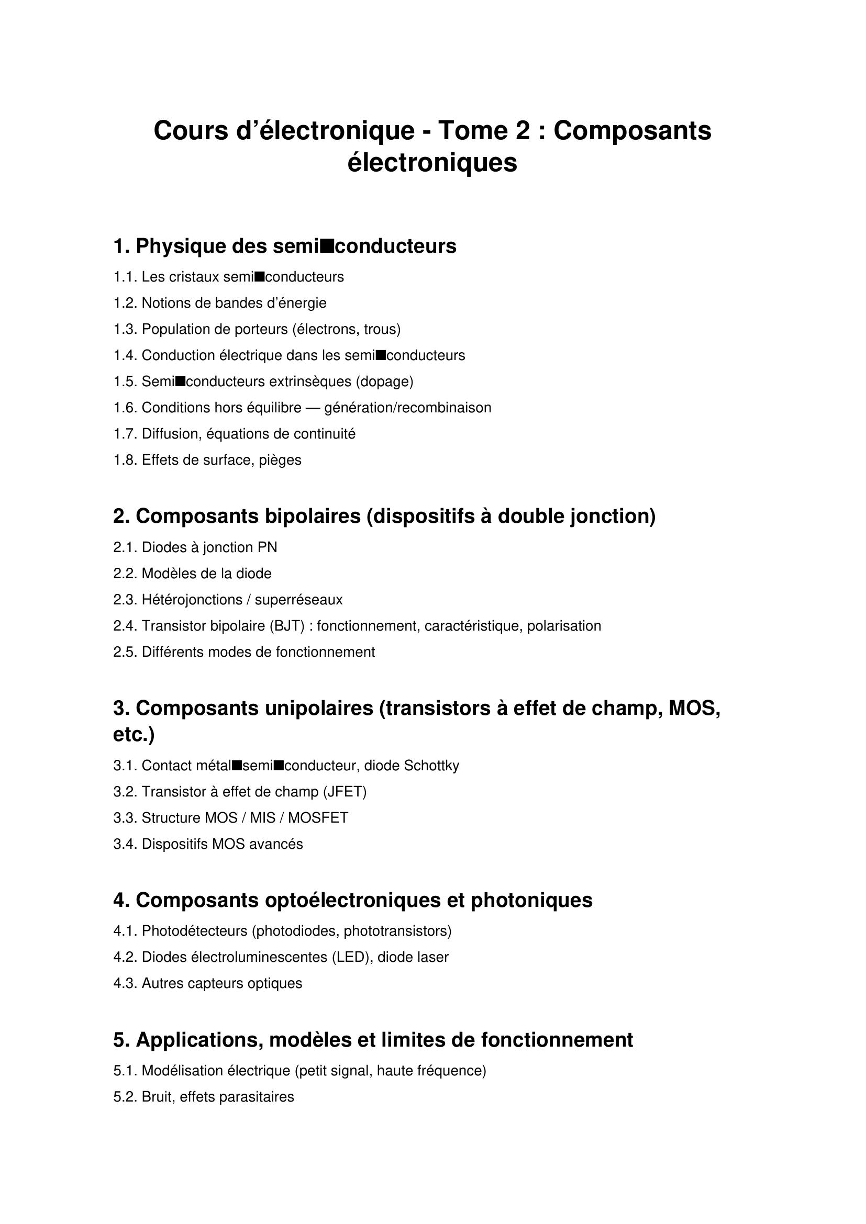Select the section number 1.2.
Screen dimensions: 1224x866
(125, 304)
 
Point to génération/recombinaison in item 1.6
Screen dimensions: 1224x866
(408, 408)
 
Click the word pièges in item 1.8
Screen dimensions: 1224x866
(280, 460)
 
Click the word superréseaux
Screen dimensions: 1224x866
(298, 600)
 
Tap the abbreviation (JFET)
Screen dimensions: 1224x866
(345, 792)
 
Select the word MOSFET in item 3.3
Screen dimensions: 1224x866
(318, 818)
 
